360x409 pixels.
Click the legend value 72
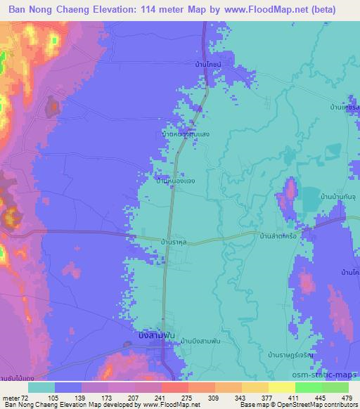click(29, 397)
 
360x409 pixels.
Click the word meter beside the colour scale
click(12, 397)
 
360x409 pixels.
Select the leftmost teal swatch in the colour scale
click(41, 387)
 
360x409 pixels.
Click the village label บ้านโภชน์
click(209, 65)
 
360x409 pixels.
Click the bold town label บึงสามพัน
click(156, 336)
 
